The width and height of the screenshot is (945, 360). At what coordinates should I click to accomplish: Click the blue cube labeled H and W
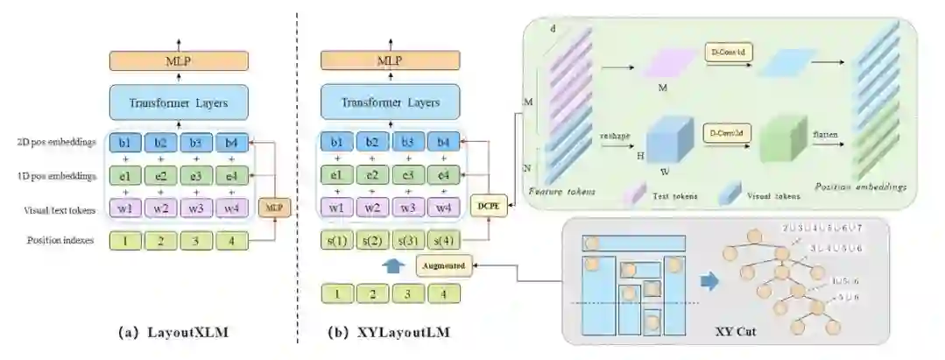pos(670,141)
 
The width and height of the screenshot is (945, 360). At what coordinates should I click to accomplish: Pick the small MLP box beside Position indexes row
pos(275,208)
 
